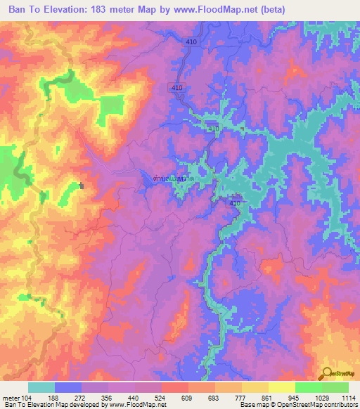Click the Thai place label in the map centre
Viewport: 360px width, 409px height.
click(x=174, y=180)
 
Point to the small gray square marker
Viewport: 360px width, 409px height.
click(x=82, y=186)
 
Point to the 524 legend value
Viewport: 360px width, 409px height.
click(x=161, y=398)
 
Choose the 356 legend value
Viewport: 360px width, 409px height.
click(x=108, y=398)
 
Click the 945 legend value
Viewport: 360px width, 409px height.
click(x=294, y=398)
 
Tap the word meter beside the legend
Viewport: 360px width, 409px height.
click(x=11, y=398)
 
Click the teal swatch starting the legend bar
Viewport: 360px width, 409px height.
click(x=41, y=388)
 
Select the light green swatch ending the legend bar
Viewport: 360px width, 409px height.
click(x=335, y=388)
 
